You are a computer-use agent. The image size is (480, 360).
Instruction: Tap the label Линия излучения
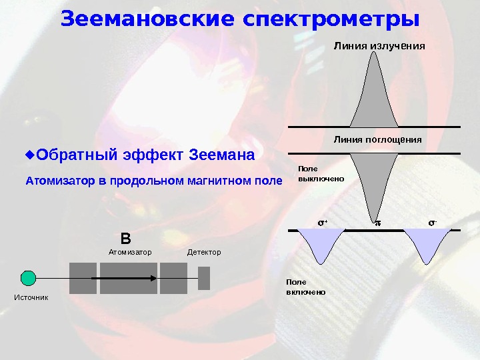[x=379, y=46]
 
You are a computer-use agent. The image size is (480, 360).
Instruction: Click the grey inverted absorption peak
[x=374, y=173]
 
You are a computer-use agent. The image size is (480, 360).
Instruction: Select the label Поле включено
[x=305, y=287]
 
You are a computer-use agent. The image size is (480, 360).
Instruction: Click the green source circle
[x=28, y=278]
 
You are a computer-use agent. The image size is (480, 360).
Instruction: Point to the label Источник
[x=31, y=297]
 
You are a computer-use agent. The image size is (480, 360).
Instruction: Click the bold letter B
[x=125, y=239]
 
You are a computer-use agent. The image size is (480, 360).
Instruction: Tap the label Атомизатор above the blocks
[x=130, y=253]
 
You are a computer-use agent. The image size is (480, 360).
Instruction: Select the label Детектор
[x=203, y=253]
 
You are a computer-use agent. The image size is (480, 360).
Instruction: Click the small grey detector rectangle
[x=204, y=278]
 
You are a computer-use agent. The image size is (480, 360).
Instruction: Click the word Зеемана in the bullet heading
[x=222, y=156]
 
